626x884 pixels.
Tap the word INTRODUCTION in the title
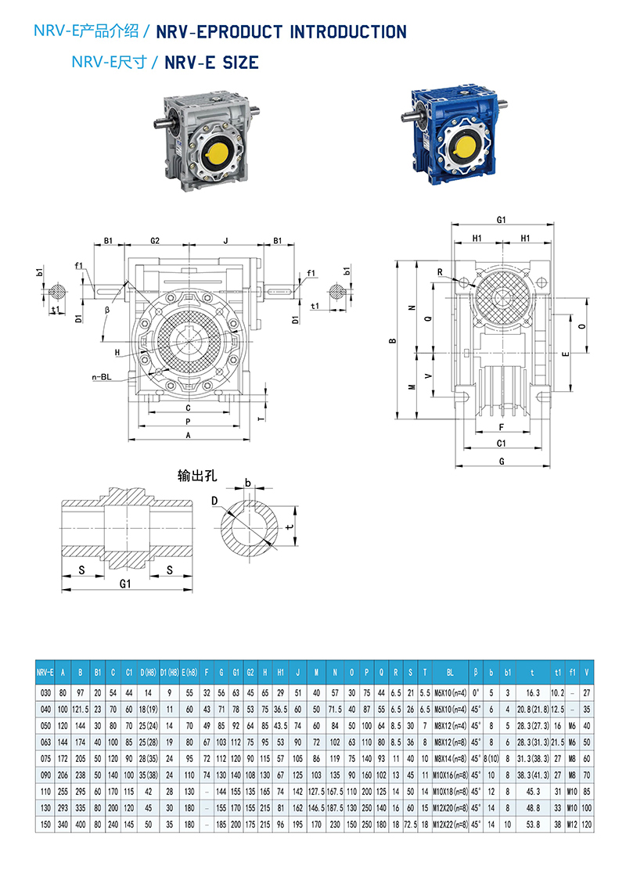pos(348,32)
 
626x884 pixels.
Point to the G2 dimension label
pos(155,240)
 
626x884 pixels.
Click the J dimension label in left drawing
pos(225,240)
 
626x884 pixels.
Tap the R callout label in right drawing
pos(441,271)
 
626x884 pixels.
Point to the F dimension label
pos(501,427)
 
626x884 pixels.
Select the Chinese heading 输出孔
pos(195,476)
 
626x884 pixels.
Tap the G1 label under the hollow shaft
pos(125,584)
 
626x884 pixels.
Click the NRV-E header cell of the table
pos(45,671)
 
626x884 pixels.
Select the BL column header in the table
pos(450,671)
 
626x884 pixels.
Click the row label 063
pos(45,741)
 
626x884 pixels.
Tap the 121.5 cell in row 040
pos(81,709)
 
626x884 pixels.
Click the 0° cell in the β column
pos(475,692)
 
